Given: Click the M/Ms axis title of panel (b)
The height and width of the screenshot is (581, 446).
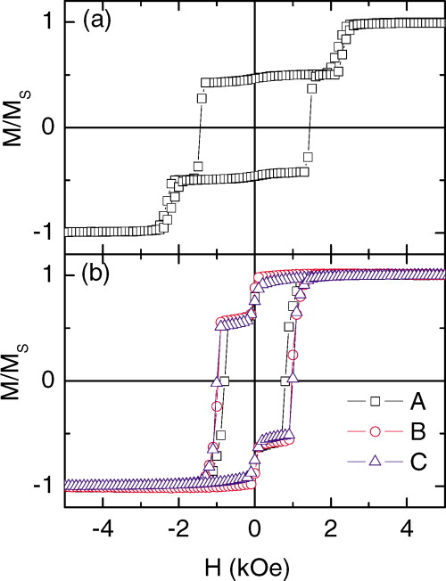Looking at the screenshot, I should point(21,381).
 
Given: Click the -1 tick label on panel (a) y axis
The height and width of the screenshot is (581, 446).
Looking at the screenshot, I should point(50,232).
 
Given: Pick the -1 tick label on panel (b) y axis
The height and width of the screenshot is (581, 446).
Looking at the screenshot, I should point(50,487).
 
